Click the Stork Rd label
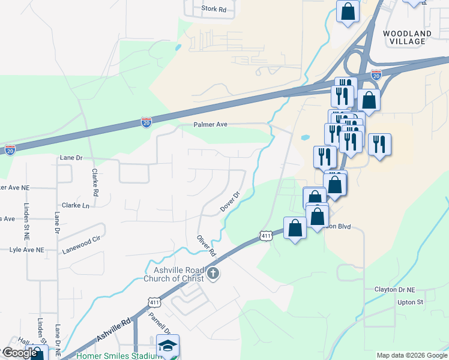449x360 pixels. coord(214,9)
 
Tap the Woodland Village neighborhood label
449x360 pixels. coord(408,37)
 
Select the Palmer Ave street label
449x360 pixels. coord(210,125)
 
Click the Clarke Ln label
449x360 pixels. coord(76,205)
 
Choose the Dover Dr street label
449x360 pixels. coord(230,202)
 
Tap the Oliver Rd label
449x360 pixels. coord(206,244)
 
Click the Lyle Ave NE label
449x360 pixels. coord(22,250)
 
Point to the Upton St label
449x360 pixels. coord(411,302)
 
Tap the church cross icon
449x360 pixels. coord(212,274)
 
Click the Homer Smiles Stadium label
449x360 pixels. coord(119,356)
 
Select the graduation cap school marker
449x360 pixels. coord(168,346)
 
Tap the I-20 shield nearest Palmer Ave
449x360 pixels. coord(146,122)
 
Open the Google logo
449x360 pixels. coord(19,353)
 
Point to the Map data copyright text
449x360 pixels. coord(412,355)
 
